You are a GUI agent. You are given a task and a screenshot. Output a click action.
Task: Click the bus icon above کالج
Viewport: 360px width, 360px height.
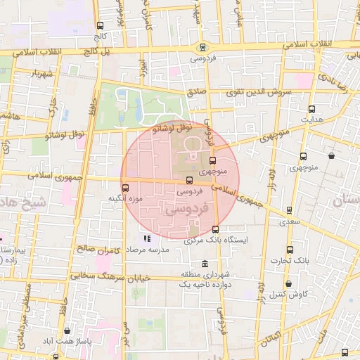click(x=99, y=26)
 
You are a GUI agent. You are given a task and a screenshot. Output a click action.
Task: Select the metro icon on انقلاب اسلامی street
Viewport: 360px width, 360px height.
click(x=203, y=48)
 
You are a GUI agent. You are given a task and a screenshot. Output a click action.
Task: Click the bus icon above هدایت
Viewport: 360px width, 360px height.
click(x=311, y=109)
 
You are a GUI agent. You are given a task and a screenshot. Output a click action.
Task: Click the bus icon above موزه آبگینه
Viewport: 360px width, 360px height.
click(x=126, y=188)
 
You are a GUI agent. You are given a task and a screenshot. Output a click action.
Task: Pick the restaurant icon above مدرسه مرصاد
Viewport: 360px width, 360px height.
click(x=147, y=238)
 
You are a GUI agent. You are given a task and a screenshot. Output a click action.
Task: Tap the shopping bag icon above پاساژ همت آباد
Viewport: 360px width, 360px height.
click(x=67, y=330)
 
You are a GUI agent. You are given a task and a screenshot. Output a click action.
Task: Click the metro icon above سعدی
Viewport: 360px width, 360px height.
click(x=289, y=210)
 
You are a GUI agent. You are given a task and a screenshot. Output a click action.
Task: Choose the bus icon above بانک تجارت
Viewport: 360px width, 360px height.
click(x=290, y=250)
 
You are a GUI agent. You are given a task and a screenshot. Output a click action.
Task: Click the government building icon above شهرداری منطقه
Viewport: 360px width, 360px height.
click(x=205, y=264)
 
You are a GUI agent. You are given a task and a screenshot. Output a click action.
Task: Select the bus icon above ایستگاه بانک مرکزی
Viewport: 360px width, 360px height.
click(x=215, y=229)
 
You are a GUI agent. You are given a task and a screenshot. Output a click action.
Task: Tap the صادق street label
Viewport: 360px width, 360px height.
click(x=196, y=92)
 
